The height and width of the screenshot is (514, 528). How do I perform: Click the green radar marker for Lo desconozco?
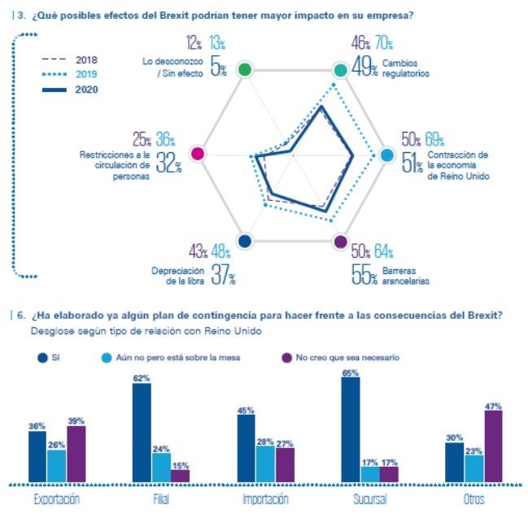click(243, 70)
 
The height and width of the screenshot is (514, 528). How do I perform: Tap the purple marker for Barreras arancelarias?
click(340, 241)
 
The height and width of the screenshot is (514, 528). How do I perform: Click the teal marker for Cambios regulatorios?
click(340, 70)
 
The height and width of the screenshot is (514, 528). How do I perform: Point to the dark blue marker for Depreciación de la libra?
click(243, 241)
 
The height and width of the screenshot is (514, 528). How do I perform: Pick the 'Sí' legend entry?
click(51, 357)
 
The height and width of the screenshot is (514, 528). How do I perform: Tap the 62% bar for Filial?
click(141, 432)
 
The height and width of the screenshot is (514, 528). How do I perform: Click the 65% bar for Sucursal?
click(351, 429)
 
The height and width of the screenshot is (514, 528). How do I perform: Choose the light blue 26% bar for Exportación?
click(56, 465)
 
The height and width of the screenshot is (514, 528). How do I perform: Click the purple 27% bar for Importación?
click(284, 464)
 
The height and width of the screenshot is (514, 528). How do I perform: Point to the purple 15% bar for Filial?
click(179, 475)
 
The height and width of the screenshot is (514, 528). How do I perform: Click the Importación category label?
click(265, 499)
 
